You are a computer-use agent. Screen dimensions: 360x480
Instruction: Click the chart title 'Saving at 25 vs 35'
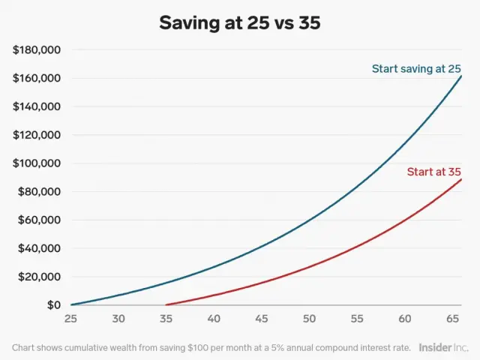pos(239,22)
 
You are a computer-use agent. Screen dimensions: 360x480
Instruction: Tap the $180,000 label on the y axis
pos(37,50)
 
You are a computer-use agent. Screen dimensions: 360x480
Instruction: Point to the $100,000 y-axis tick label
pos(37,163)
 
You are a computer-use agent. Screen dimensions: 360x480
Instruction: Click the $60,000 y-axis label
pos(40,220)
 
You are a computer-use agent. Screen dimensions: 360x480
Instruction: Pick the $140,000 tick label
pos(37,106)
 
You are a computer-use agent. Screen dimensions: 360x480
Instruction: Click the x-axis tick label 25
pos(70,319)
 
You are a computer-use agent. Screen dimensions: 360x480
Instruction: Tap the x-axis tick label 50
pos(309,319)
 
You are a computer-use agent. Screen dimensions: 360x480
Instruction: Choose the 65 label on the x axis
pos(453,319)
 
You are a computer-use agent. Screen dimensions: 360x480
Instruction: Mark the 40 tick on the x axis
pos(214,319)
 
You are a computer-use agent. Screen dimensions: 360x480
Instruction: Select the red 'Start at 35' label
pos(434,172)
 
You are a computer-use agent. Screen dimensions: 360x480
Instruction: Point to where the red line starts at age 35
pos(166,304)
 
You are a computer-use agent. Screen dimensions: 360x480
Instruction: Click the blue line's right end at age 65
pos(461,76)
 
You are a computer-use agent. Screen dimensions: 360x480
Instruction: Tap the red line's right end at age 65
pos(461,179)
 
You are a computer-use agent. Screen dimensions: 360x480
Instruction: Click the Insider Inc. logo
pos(443,347)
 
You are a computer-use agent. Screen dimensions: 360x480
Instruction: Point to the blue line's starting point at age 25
pos(71,304)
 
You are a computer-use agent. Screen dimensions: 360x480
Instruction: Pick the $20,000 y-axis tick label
pos(40,277)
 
